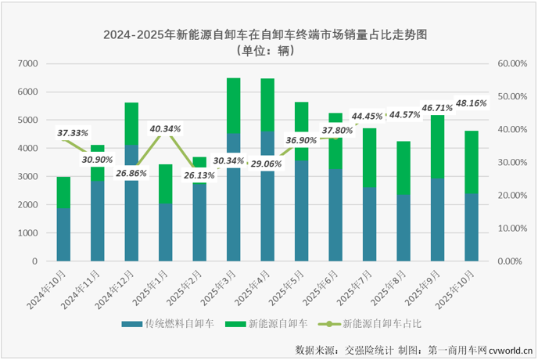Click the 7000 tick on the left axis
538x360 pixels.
point(27,63)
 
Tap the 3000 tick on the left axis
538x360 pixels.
point(27,177)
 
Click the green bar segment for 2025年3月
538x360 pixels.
point(233,106)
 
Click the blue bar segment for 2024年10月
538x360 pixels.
point(63,234)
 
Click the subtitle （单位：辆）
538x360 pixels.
point(270,50)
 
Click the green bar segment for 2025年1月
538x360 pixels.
point(165,184)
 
